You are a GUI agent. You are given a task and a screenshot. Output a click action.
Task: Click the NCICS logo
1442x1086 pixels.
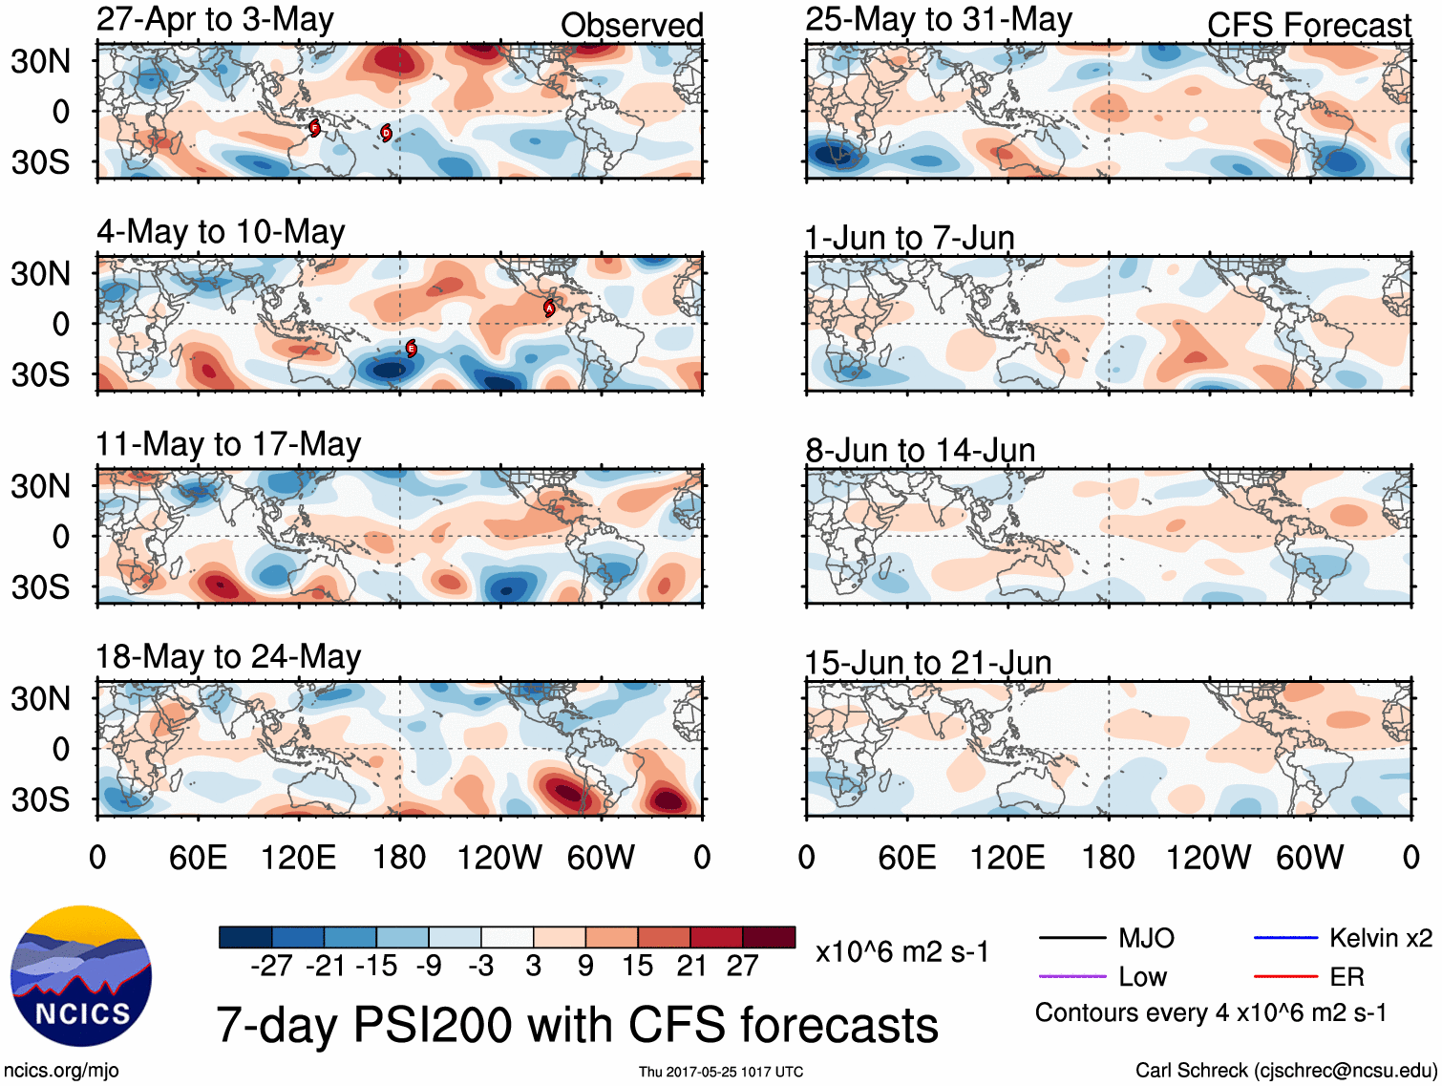point(81,974)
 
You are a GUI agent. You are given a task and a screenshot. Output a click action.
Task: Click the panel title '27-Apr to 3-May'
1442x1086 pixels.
point(215,20)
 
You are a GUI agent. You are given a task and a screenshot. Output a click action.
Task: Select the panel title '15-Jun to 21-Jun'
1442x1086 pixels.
point(927,662)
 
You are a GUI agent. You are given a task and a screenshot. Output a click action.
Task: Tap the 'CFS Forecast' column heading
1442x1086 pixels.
point(1308,26)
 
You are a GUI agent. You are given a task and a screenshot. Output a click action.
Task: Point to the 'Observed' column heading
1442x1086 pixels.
point(631,26)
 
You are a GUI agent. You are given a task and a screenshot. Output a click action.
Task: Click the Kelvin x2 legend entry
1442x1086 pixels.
point(1343,938)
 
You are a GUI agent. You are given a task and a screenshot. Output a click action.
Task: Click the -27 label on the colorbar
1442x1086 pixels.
point(271,967)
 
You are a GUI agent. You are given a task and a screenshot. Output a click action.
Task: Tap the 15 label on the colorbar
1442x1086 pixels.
point(637,967)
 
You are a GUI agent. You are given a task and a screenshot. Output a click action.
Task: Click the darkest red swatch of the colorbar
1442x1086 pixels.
point(769,937)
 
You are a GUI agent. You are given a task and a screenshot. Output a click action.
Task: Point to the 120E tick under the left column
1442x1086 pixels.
point(298,858)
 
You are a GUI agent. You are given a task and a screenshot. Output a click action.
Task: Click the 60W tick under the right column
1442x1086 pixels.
point(1309,858)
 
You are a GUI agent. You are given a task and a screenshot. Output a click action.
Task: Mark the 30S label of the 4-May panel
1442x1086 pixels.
point(40,374)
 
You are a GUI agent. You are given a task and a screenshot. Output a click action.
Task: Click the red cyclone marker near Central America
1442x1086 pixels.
point(549,308)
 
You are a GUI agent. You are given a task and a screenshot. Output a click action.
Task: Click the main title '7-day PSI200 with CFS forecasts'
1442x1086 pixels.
point(577,1025)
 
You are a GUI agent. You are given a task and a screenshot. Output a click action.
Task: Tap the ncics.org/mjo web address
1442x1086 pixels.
point(61,1071)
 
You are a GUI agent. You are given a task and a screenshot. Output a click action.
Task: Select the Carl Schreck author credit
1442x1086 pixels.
point(1285,1071)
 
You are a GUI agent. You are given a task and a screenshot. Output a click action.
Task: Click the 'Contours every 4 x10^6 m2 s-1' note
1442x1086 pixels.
point(1211,1012)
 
